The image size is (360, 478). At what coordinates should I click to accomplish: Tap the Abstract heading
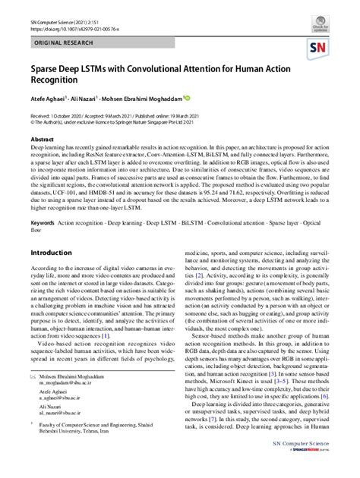click(x=42, y=140)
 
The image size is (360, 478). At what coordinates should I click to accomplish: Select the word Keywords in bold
click(x=43, y=222)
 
